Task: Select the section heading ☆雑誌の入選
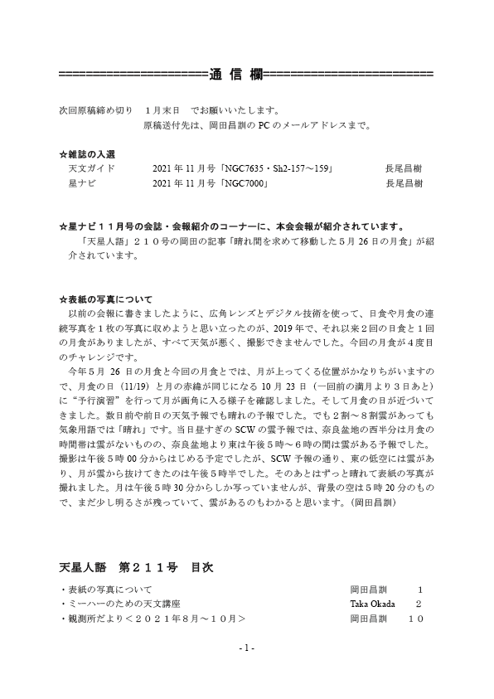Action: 88,154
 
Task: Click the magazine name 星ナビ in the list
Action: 81,182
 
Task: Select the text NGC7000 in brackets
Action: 244,182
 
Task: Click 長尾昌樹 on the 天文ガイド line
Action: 404,168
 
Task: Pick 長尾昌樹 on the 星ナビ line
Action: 404,182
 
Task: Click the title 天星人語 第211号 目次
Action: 136,568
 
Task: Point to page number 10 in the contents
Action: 416,619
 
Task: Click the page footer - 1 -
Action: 246,647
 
